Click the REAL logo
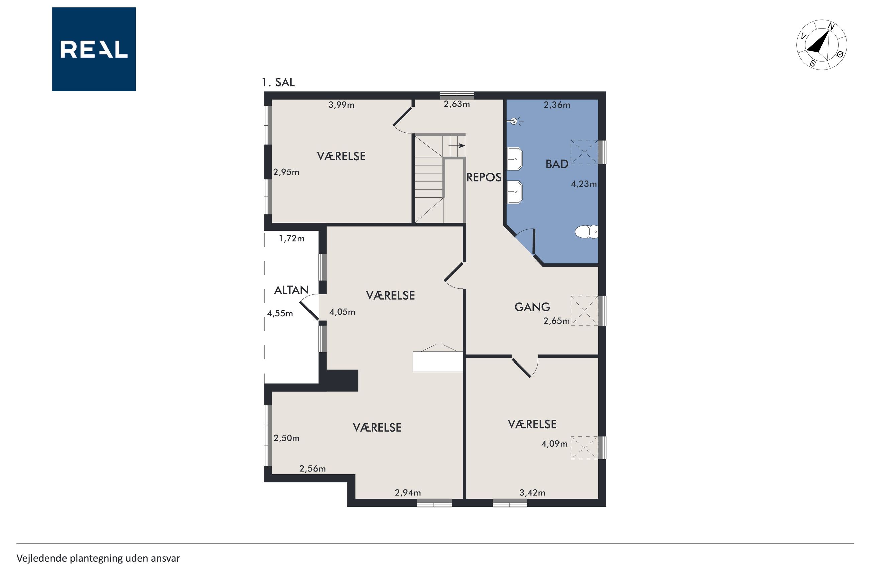(94, 49)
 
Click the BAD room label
(556, 164)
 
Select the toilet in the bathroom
(586, 232)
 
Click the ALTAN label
(291, 290)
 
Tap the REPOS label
(484, 178)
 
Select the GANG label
(532, 307)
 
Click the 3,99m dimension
(341, 105)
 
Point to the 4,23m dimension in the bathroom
(584, 184)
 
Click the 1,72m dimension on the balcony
(292, 239)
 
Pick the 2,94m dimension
(408, 492)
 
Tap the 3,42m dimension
(532, 492)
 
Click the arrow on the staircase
(457, 145)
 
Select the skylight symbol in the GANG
(584, 311)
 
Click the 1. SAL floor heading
(278, 82)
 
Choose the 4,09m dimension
(554, 444)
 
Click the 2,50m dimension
(286, 438)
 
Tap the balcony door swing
(309, 306)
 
